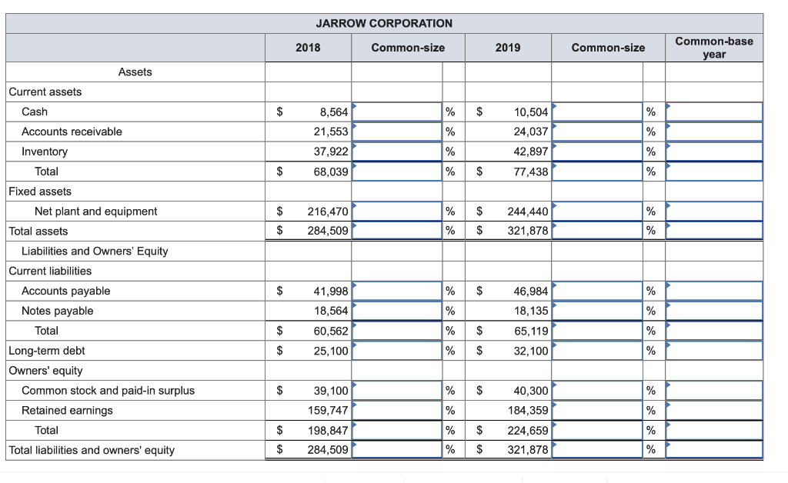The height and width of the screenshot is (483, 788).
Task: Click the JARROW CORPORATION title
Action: tap(384, 23)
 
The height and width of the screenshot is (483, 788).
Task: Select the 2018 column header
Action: tap(308, 48)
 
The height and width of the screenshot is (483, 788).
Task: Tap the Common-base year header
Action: tap(713, 48)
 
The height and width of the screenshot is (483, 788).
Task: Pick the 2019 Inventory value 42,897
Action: tap(530, 152)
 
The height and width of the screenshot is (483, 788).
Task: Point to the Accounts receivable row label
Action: tap(72, 132)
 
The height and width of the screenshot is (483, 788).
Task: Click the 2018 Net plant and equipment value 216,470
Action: tap(328, 212)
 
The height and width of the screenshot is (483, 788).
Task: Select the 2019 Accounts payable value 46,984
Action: tap(530, 291)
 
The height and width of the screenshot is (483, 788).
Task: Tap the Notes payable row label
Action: tap(57, 311)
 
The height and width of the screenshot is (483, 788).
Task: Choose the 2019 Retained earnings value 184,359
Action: tap(527, 411)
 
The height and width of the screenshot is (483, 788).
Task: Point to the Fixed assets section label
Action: tap(39, 192)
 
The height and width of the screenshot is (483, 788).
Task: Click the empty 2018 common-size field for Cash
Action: tap(397, 112)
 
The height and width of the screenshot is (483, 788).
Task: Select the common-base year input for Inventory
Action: tap(713, 152)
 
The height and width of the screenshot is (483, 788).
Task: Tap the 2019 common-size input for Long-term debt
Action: tap(597, 351)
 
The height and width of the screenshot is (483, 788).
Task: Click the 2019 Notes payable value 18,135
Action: tap(530, 311)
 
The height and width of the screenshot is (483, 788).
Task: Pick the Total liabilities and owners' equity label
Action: tap(92, 450)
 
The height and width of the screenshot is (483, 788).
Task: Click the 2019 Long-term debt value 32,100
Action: tap(530, 351)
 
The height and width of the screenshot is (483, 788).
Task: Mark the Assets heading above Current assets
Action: tap(135, 72)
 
